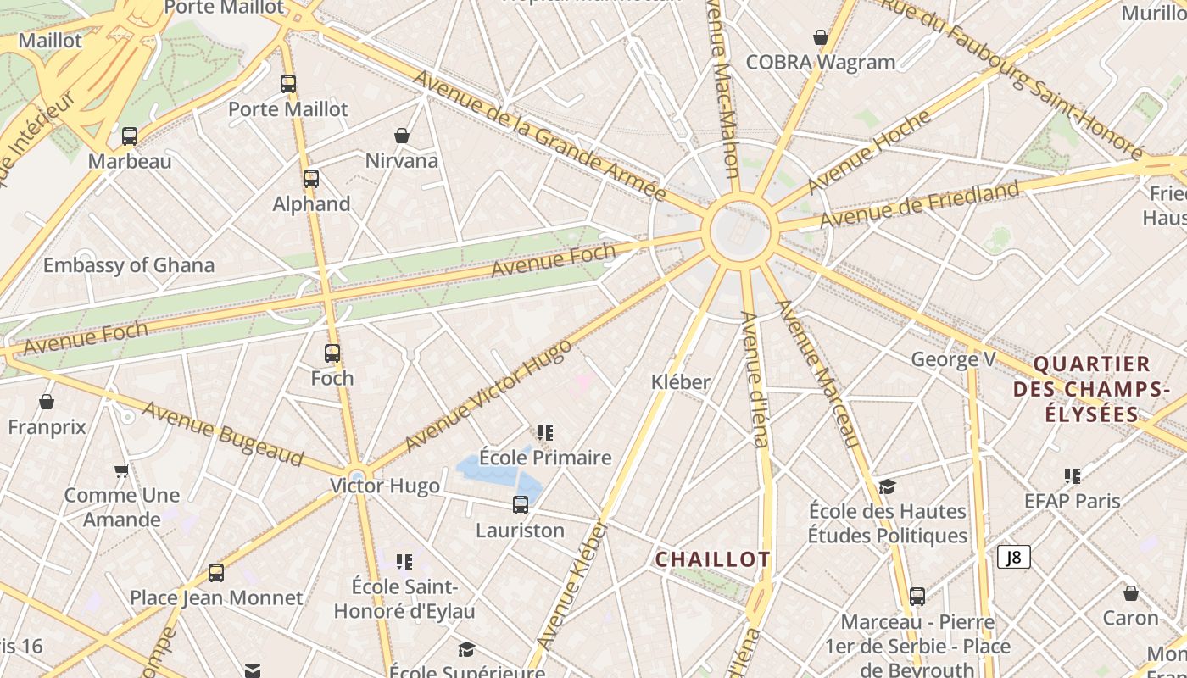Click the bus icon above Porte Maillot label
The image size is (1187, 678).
click(x=288, y=84)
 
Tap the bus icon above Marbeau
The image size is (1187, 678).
click(x=130, y=136)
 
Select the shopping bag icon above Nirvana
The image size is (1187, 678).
click(x=402, y=136)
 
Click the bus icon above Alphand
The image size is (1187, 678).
click(x=311, y=179)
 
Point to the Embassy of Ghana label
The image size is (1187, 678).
click(x=129, y=265)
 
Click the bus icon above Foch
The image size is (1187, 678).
click(x=332, y=353)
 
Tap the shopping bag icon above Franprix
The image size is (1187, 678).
click(x=47, y=402)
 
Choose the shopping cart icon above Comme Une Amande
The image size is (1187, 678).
click(x=122, y=470)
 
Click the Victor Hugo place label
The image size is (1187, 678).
click(x=385, y=486)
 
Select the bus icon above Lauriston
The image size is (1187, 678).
click(x=521, y=505)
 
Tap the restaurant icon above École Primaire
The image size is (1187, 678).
click(x=545, y=433)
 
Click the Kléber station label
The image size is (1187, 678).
click(x=680, y=382)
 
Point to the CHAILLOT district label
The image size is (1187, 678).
click(x=712, y=559)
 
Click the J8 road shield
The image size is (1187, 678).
click(x=1013, y=557)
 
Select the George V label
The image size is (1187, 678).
click(x=953, y=359)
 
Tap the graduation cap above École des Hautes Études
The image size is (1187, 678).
click(x=887, y=486)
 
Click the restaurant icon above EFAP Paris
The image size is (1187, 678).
click(x=1073, y=476)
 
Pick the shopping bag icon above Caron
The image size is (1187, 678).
click(x=1130, y=593)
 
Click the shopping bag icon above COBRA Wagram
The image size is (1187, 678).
click(x=821, y=37)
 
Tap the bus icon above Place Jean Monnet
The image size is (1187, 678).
click(x=216, y=573)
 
